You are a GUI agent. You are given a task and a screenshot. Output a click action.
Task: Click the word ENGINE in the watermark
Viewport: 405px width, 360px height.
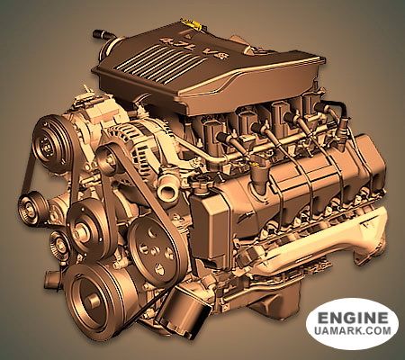pyautogui.click(x=352, y=318)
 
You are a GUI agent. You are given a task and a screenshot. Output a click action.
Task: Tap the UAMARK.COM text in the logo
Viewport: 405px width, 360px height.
pyautogui.click(x=353, y=330)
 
